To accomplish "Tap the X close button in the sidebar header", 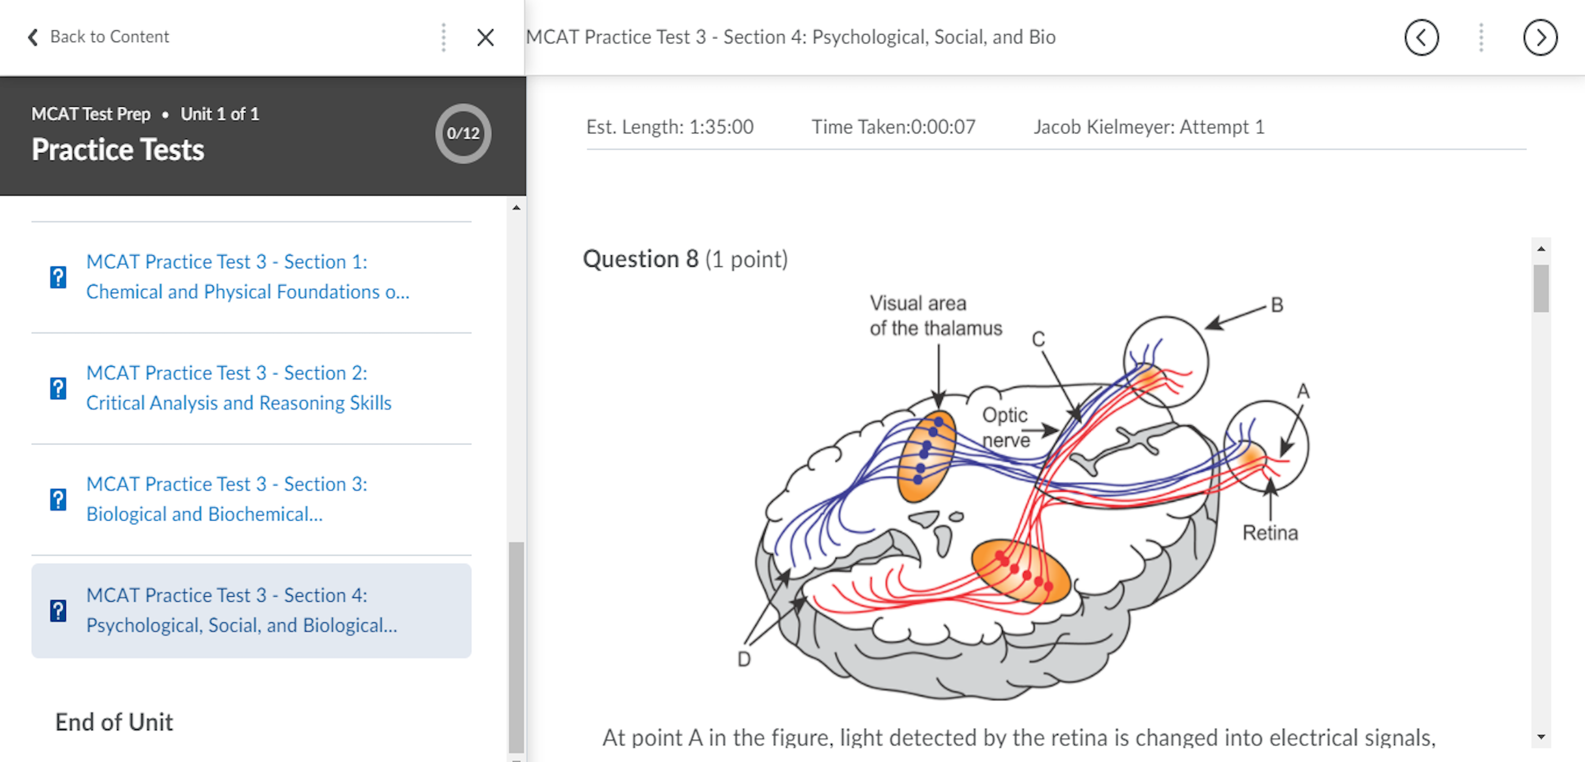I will click(x=485, y=38).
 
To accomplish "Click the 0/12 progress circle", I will click(x=463, y=134).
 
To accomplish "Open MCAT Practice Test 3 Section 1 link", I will click(x=248, y=276).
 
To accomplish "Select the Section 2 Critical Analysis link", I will click(x=239, y=388).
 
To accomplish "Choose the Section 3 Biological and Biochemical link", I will click(x=226, y=499).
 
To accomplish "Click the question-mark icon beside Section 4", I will click(x=59, y=611).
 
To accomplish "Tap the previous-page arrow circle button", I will click(x=1421, y=38).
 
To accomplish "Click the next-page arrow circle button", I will click(x=1539, y=38).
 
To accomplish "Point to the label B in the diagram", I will click(x=1277, y=305).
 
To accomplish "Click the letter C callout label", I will click(x=1038, y=339).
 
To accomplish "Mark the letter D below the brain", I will click(x=744, y=659).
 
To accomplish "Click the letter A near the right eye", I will click(x=1303, y=391).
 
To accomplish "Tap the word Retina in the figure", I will click(x=1270, y=532).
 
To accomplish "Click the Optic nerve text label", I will click(x=1005, y=427).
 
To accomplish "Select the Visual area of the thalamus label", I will click(x=935, y=315).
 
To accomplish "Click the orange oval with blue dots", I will click(x=926, y=455).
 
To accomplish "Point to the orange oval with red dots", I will click(x=1020, y=571).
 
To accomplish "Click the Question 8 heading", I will click(x=684, y=259).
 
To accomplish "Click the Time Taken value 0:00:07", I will click(x=943, y=127).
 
